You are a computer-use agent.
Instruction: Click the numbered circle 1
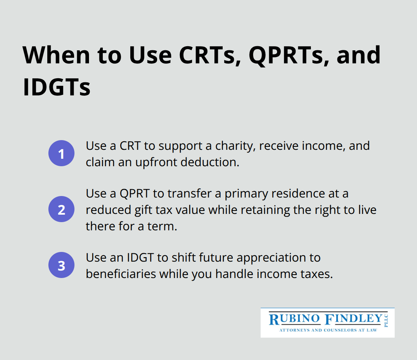(x=61, y=154)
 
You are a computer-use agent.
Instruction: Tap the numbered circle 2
(x=61, y=209)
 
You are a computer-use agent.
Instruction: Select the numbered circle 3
(x=61, y=265)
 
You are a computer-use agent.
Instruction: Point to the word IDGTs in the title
(x=57, y=87)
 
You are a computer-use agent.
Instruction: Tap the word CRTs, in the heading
(x=210, y=56)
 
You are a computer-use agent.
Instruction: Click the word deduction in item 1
(x=210, y=162)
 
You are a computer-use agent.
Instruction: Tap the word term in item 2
(x=162, y=227)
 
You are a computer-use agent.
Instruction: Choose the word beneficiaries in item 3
(x=121, y=274)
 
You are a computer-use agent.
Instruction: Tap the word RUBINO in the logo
(x=295, y=319)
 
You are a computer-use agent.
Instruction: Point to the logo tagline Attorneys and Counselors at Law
(x=328, y=330)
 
